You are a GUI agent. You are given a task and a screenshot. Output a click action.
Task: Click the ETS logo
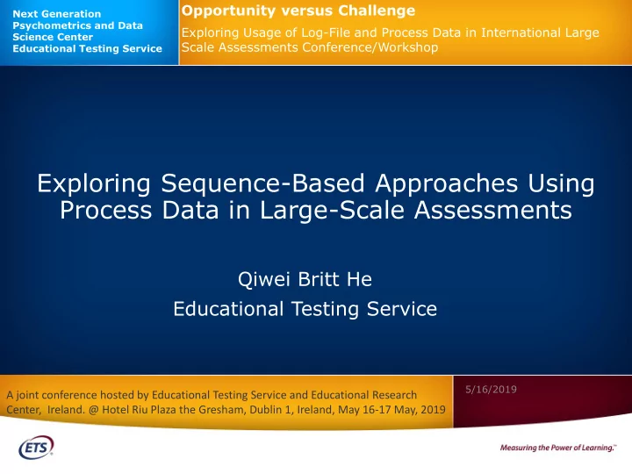pyautogui.click(x=36, y=447)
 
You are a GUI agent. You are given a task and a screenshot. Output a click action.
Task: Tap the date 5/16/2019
pyautogui.click(x=491, y=390)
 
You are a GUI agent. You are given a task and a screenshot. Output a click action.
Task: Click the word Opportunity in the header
pyautogui.click(x=228, y=11)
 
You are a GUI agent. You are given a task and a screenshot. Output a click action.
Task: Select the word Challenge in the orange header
pyautogui.click(x=377, y=10)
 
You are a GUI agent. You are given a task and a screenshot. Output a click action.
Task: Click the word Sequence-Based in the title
pyautogui.click(x=262, y=183)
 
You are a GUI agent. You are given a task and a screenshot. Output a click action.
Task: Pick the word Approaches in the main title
pyautogui.click(x=446, y=184)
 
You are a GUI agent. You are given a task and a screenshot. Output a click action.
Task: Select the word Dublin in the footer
pyautogui.click(x=265, y=410)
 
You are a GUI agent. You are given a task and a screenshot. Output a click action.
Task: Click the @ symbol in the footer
pyautogui.click(x=94, y=410)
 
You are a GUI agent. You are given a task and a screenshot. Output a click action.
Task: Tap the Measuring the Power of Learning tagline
pyautogui.click(x=558, y=448)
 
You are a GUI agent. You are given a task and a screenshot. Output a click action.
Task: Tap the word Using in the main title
pyautogui.click(x=562, y=184)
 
